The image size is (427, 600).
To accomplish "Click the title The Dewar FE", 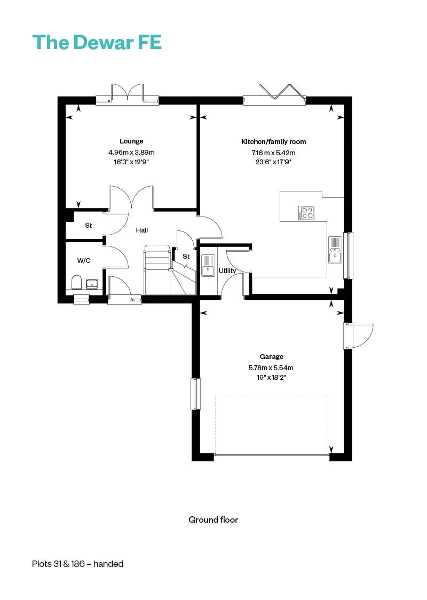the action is [97, 42].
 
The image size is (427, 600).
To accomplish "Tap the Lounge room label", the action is [131, 141].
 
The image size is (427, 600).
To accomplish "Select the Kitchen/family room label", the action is [273, 141].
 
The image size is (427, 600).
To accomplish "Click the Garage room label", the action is [272, 357].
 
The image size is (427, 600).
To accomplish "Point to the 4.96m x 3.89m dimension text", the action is [131, 153].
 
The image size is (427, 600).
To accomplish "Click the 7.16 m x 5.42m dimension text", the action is [273, 153].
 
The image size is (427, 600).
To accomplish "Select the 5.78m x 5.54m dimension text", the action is [271, 367].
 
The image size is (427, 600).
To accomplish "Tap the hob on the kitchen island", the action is [306, 213].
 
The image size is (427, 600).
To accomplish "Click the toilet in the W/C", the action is [76, 282].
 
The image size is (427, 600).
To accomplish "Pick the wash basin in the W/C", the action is [92, 284].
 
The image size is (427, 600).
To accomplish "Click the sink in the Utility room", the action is [208, 265].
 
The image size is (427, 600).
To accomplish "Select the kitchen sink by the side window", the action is [335, 250].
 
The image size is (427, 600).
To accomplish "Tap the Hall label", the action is [141, 230].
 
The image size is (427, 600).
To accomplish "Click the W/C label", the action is [84, 261].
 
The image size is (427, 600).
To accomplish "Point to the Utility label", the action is [227, 271].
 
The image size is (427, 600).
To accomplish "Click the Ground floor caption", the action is [213, 519].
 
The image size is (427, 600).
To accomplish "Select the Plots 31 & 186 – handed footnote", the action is [78, 564].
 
